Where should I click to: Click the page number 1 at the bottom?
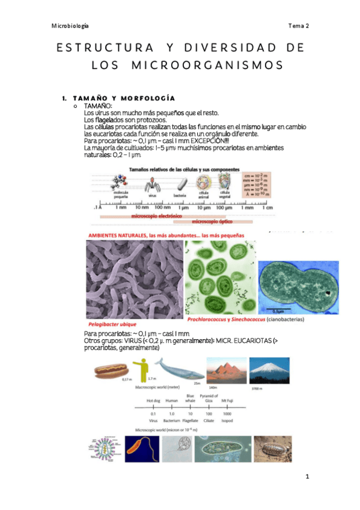coord(307,476)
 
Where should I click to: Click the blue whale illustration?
coord(176,367)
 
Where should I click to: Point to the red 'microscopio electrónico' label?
coord(153,215)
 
